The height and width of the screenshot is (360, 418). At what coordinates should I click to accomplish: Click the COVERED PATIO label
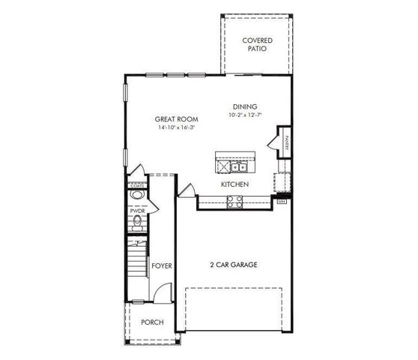tap(257, 44)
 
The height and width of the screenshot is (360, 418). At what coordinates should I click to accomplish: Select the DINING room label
tap(244, 106)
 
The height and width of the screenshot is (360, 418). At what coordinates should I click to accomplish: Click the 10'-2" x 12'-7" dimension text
tap(244, 115)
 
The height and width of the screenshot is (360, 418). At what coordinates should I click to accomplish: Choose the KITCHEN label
tap(234, 184)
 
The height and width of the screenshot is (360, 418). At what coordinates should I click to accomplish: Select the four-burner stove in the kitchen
tap(234, 200)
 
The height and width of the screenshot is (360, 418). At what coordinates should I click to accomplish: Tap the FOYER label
tap(162, 265)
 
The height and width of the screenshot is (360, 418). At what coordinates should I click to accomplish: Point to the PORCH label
tap(152, 322)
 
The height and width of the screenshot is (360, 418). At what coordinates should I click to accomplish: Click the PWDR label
tap(136, 211)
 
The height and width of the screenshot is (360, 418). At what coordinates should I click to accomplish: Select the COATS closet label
tap(136, 184)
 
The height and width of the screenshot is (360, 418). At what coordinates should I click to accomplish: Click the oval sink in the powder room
tap(136, 196)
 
